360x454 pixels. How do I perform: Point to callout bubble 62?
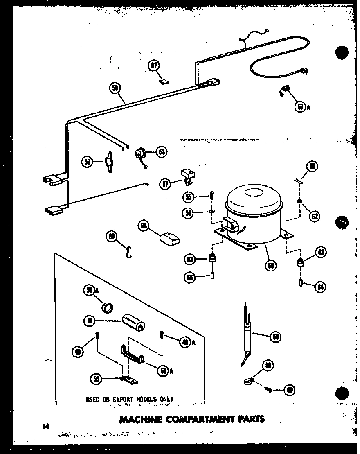pyautogui.click(x=314, y=216)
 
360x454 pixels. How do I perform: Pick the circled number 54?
pyautogui.click(x=189, y=214)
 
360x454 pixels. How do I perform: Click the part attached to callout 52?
pyautogui.click(x=109, y=161)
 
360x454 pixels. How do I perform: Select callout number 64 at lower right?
pyautogui.click(x=320, y=287)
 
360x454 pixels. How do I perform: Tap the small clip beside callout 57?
pyautogui.click(x=164, y=81)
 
